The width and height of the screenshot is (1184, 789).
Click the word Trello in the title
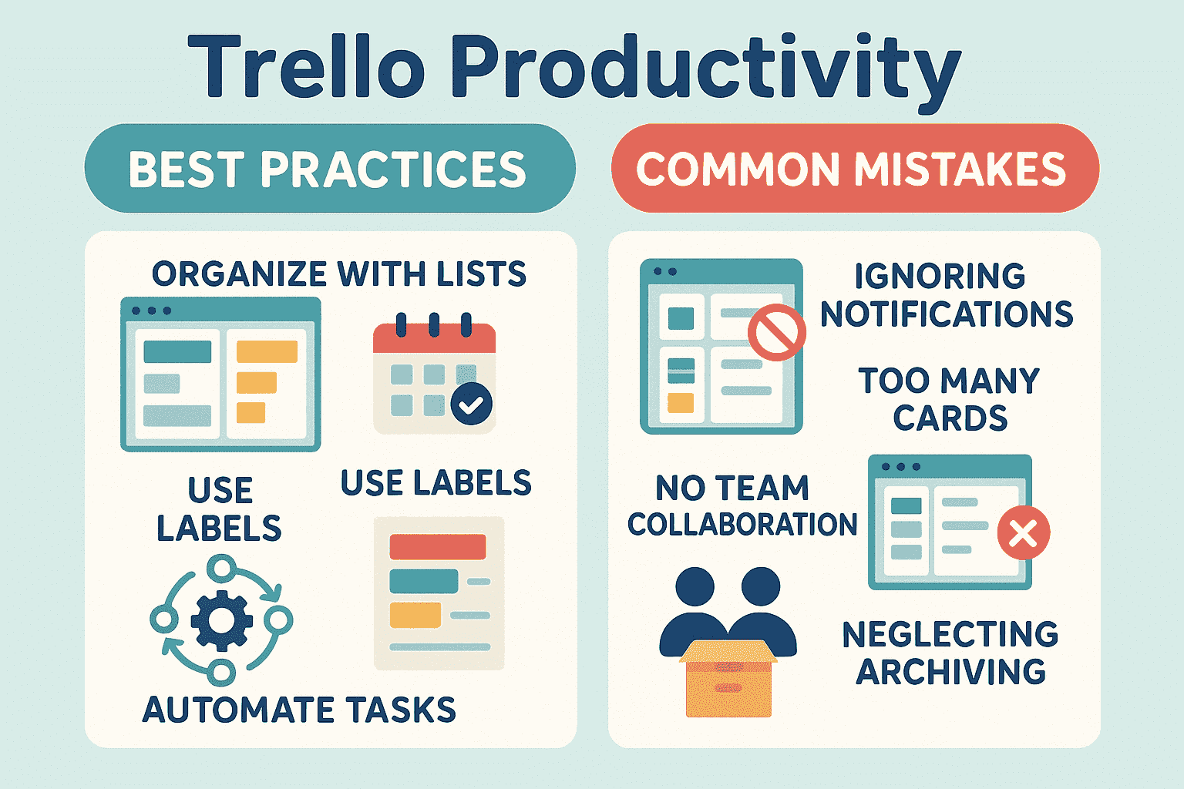coord(306,68)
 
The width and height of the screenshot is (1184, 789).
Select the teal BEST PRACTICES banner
coord(329,169)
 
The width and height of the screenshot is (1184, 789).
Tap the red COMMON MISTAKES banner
coord(854,169)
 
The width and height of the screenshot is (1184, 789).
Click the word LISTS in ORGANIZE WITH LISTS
coord(482,274)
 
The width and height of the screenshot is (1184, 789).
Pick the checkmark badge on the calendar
coord(471,404)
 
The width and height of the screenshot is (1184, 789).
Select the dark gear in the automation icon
coord(221,619)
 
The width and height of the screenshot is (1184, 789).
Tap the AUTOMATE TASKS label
coord(299,710)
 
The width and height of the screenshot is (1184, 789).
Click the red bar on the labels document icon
coord(437,546)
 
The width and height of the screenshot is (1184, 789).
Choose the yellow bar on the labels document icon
coord(415,615)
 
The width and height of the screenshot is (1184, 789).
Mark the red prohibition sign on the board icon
coord(776,332)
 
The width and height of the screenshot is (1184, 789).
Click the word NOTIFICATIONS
coord(947,314)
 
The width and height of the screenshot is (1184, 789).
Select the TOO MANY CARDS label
coord(950,400)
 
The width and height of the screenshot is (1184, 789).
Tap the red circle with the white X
coord(1023,532)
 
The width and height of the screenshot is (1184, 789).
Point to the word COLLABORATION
coord(742,525)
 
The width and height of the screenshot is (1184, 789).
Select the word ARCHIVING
coord(951,672)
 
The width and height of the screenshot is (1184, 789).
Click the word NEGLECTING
coord(950,635)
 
